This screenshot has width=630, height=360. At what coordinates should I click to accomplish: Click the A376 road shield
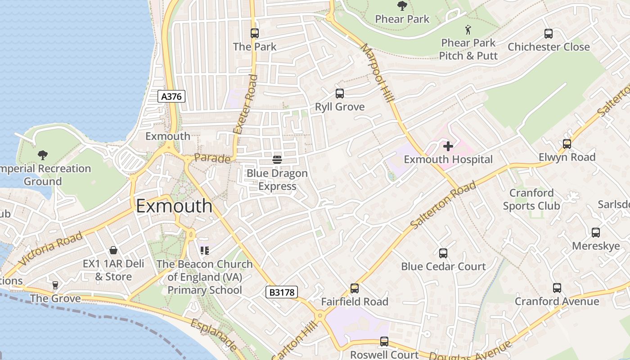pos(172,96)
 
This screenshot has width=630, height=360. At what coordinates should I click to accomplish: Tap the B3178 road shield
pos(282,292)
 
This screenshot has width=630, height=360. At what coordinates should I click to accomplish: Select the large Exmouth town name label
pos(174,206)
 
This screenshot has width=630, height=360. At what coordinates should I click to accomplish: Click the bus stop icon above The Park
pos(255,33)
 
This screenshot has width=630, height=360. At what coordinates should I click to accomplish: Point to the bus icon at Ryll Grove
pos(340,94)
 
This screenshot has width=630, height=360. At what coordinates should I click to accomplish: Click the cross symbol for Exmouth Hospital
pos(448,146)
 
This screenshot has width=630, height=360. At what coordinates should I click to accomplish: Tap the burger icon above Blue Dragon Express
pos(277,159)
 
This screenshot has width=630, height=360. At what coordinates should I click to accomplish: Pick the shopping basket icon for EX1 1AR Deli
pos(113,250)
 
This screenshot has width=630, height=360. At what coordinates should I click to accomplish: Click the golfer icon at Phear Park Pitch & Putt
pos(468,30)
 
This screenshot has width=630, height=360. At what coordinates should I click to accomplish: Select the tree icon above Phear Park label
pos(402,6)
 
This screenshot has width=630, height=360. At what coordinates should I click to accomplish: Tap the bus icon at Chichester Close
pos(549,33)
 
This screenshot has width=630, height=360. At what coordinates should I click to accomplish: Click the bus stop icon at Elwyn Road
pos(567,144)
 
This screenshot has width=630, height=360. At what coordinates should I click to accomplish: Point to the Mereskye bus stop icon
pos(596,233)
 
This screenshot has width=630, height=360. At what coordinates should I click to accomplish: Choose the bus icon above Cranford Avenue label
pos(557,288)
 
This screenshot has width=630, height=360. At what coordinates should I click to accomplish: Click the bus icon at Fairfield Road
pos(355,288)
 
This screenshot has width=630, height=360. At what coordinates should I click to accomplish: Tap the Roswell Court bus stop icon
pos(384,342)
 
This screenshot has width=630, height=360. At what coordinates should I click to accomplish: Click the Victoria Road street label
pos(51,248)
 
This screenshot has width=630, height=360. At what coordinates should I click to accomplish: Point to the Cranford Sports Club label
pos(531,199)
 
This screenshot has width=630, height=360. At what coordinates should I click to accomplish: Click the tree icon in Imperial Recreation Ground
pos(43,155)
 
